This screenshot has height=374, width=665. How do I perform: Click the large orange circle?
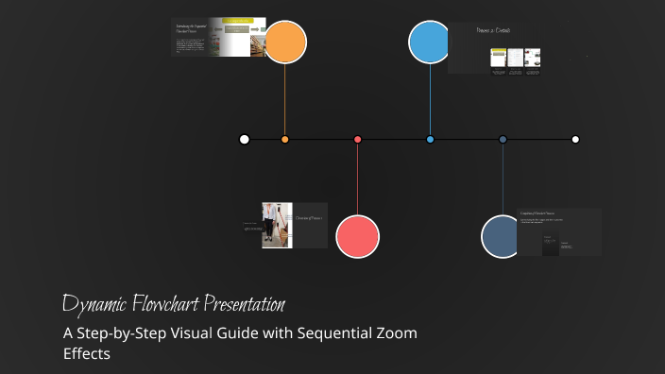(x=285, y=42)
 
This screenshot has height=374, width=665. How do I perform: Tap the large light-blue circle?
(x=431, y=42)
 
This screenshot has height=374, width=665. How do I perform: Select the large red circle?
(x=357, y=236)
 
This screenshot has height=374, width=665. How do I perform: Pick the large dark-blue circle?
(x=503, y=236)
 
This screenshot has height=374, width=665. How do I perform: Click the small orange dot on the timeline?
(x=285, y=140)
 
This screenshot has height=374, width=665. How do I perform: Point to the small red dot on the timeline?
(x=357, y=140)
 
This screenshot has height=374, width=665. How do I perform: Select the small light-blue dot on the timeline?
(x=430, y=140)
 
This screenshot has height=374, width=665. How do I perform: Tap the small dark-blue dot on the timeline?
(x=503, y=140)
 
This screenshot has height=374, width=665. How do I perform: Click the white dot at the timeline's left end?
(x=245, y=140)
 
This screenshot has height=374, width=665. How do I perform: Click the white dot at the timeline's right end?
(x=575, y=140)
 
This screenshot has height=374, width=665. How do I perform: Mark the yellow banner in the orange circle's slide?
(x=237, y=21)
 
